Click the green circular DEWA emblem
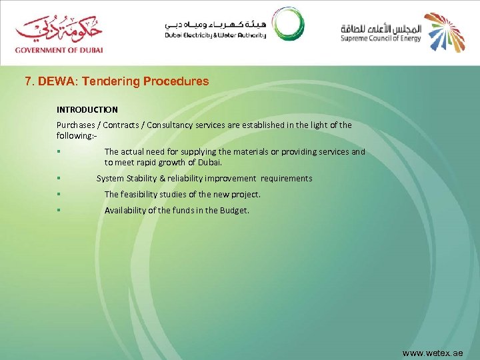(287, 24)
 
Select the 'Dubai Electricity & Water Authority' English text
(215, 35)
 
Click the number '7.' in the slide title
(29, 81)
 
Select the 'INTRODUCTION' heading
(87, 109)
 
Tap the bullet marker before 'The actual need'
(59, 152)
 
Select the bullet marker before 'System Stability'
(59, 179)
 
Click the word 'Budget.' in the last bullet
(235, 211)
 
